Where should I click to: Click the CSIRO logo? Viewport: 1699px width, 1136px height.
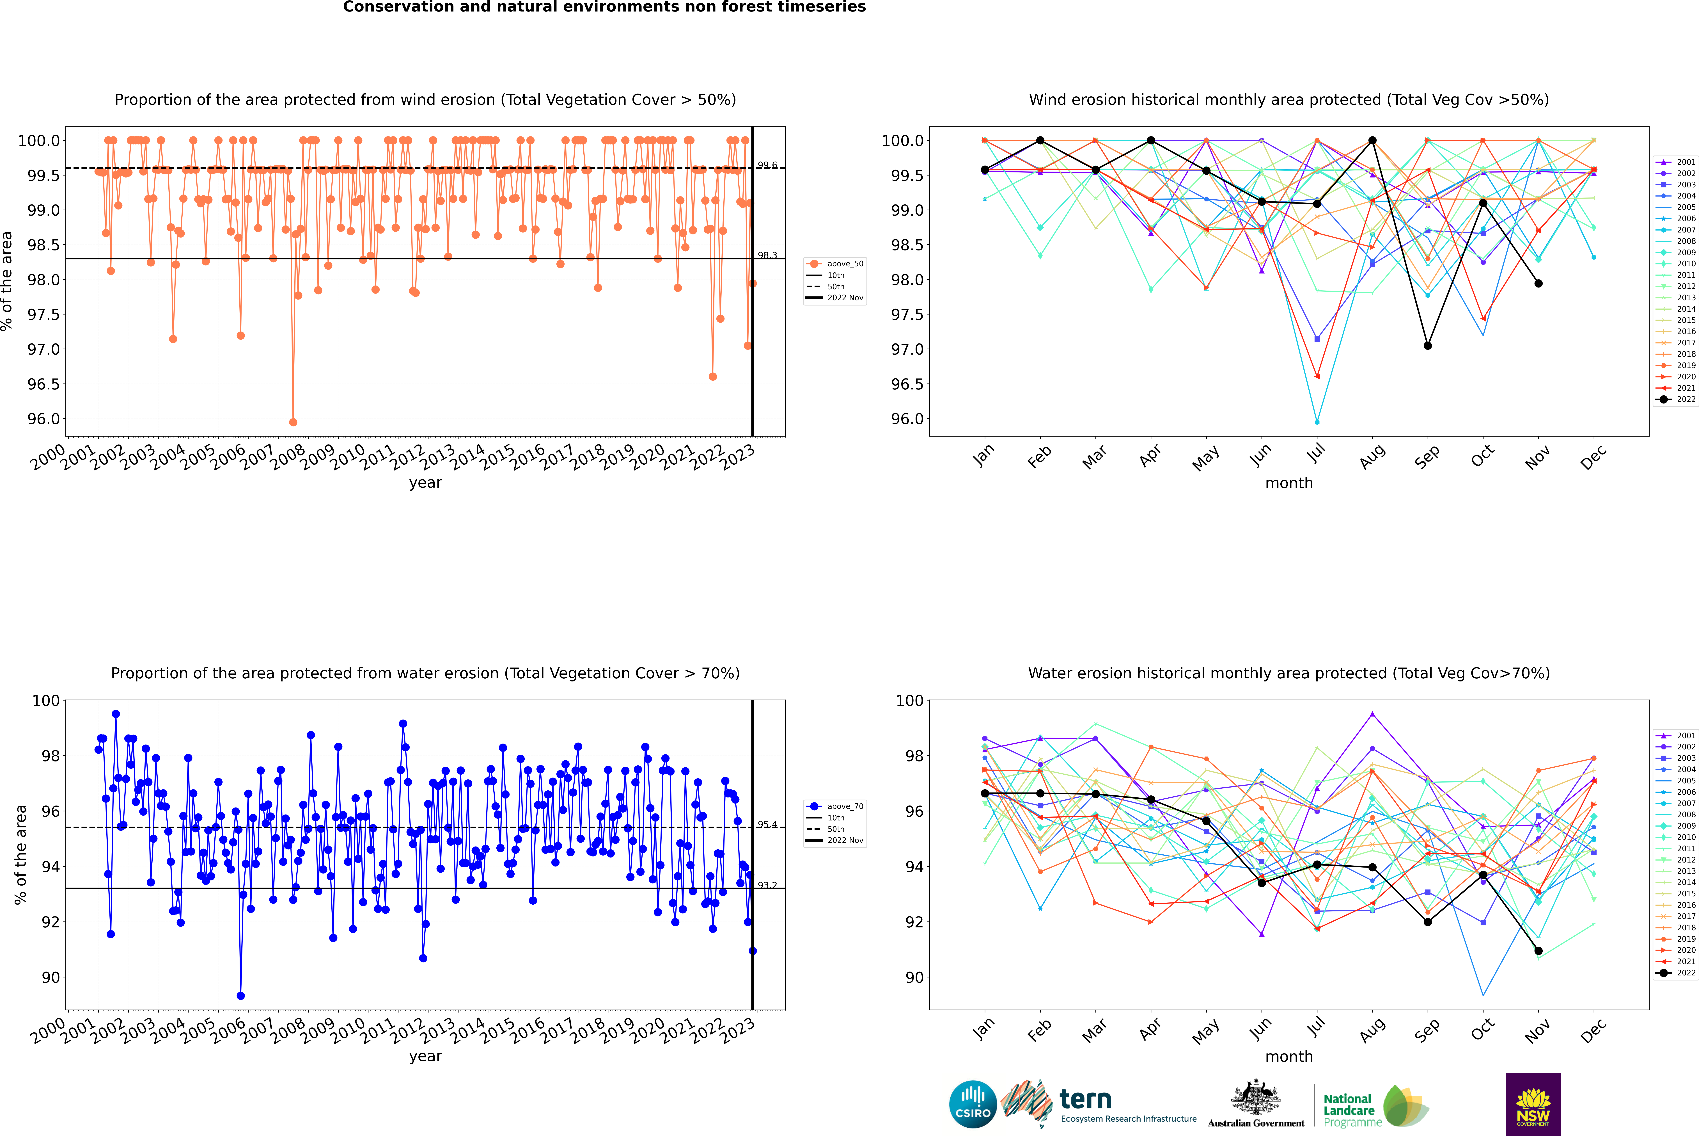[x=973, y=1104]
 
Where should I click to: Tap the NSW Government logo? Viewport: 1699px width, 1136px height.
[x=1533, y=1104]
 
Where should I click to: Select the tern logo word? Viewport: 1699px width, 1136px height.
[x=1085, y=1099]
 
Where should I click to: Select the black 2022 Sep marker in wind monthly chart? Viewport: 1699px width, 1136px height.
[x=1427, y=346]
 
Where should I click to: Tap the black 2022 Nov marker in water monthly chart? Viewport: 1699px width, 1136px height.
[x=1538, y=950]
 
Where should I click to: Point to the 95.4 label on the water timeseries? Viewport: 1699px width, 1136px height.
[x=767, y=824]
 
